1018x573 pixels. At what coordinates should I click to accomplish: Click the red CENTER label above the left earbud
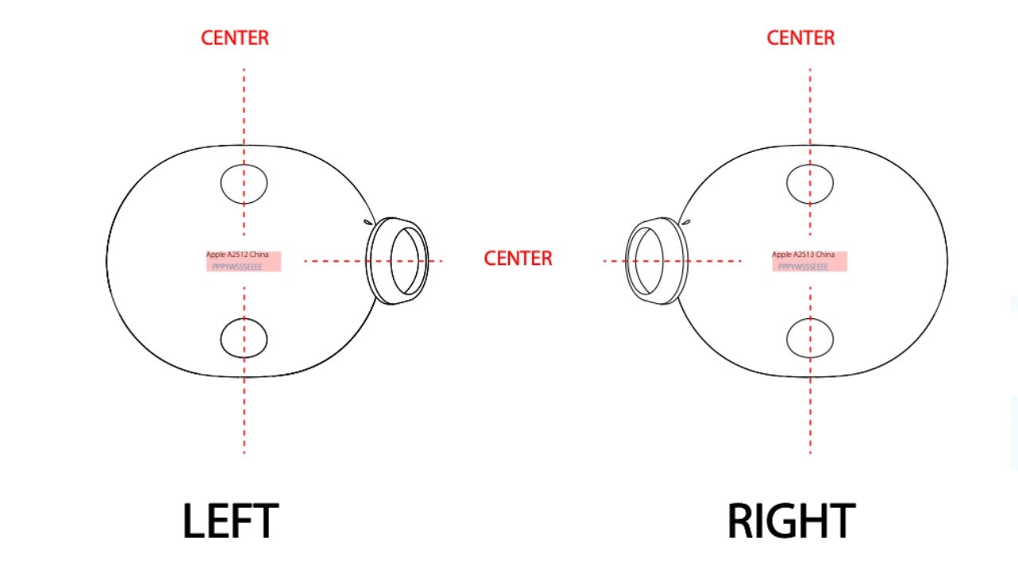pyautogui.click(x=235, y=37)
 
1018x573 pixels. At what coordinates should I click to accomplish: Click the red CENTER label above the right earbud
pyautogui.click(x=800, y=37)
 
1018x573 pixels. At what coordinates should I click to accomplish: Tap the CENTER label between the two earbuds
pyautogui.click(x=518, y=259)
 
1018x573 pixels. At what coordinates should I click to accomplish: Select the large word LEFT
pyautogui.click(x=230, y=521)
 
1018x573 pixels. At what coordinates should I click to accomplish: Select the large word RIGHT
pyautogui.click(x=791, y=521)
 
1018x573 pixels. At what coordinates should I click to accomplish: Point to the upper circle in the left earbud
pyautogui.click(x=243, y=183)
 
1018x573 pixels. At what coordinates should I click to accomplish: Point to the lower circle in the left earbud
pyautogui.click(x=243, y=337)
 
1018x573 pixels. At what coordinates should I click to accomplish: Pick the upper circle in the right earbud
pyautogui.click(x=810, y=183)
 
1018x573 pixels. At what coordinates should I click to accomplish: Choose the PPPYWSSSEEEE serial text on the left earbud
pyautogui.click(x=236, y=267)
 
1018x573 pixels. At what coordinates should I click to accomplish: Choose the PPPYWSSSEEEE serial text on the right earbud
pyautogui.click(x=802, y=267)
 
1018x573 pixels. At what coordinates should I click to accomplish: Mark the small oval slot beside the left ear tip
pyautogui.click(x=368, y=223)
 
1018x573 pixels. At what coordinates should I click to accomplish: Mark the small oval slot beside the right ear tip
pyautogui.click(x=686, y=223)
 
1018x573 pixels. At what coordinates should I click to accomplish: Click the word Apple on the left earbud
pyautogui.click(x=214, y=255)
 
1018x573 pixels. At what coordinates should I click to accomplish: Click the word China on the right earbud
pyautogui.click(x=825, y=255)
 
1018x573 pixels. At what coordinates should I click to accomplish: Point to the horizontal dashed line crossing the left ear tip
pyautogui.click(x=334, y=261)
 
